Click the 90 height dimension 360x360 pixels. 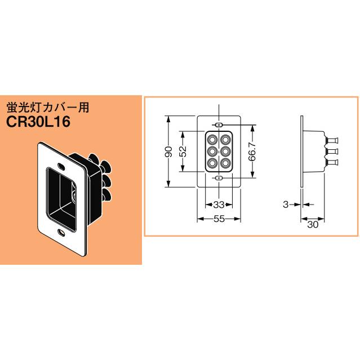click(168, 152)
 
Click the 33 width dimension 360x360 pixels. click(219, 204)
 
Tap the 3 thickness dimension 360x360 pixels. click(286, 204)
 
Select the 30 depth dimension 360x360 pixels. click(313, 224)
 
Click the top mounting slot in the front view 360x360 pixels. click(219, 125)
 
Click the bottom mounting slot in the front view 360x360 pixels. click(219, 178)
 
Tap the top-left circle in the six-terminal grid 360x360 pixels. click(213, 139)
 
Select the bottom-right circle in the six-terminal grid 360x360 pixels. click(225, 164)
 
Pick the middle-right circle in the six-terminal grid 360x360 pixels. click(225, 152)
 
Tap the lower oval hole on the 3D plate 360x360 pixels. click(60, 233)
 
